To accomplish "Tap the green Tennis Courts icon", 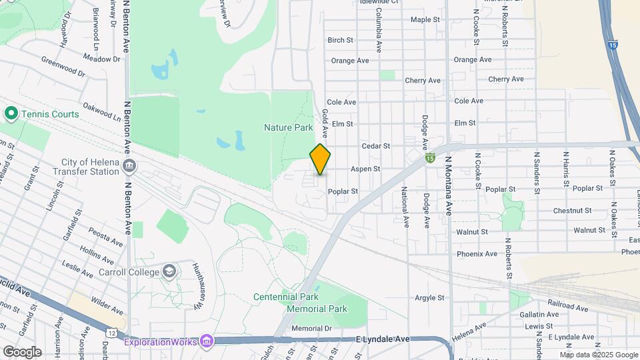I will [11, 114].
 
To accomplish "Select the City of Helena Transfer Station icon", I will [130, 165].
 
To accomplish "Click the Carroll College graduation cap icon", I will [169, 271].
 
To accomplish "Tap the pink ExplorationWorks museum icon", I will [207, 342].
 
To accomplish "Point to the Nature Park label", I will [288, 127].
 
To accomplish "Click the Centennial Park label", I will [286, 297].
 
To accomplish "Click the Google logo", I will [22, 351].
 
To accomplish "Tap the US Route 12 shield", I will [111, 332].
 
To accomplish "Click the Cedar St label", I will [375, 146].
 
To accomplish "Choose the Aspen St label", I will [365, 169].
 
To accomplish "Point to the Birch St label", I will [340, 40].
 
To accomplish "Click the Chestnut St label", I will [572, 211].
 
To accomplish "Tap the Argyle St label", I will [429, 298].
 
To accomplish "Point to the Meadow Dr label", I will [101, 59].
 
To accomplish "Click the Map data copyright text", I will [597, 355].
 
